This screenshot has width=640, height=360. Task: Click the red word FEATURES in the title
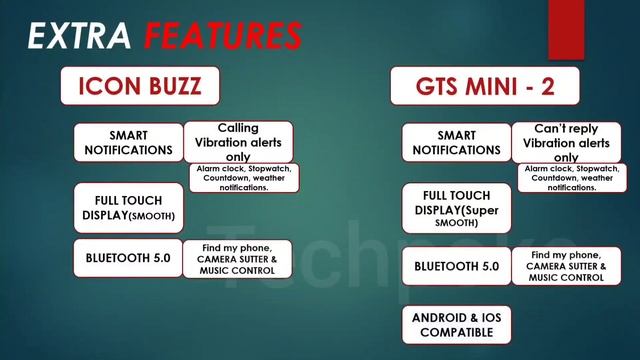(221, 36)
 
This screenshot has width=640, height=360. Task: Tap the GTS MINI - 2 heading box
(485, 86)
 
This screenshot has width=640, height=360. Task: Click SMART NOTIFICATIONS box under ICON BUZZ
(128, 143)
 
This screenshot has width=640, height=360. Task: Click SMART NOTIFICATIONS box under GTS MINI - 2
(456, 143)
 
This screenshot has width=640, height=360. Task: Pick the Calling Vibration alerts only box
(238, 141)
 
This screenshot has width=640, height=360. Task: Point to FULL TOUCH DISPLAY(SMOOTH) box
(128, 207)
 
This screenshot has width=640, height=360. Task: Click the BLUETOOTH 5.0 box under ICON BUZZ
(128, 258)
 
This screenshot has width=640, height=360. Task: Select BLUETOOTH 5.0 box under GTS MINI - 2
(456, 266)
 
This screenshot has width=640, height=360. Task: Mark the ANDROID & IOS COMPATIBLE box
(456, 324)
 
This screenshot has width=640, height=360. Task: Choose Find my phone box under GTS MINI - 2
(565, 266)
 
